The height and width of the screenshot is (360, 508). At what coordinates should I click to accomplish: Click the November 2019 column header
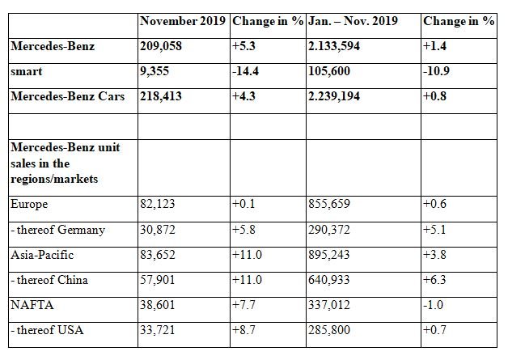183,21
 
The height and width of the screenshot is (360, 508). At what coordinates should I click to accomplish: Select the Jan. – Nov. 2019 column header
353,21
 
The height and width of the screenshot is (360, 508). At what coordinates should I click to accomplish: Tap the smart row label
26,71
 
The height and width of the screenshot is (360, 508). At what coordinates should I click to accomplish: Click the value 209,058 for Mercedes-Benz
161,46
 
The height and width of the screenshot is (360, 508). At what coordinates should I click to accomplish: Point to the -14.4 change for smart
245,71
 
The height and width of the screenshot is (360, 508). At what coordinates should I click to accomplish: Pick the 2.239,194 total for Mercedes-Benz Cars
334,96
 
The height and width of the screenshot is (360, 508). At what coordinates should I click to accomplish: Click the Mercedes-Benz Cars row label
68,96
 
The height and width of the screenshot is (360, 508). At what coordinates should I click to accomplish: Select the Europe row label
29,204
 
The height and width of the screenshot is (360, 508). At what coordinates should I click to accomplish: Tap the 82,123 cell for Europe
158,204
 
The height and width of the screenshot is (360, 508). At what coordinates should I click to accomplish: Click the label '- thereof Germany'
57,230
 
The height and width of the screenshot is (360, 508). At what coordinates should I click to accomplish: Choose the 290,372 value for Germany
329,230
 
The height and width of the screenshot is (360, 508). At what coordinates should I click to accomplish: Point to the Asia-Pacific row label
42,255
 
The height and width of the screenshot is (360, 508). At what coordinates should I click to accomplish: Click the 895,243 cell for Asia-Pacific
329,255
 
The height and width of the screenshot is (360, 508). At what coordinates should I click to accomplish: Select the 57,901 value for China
158,280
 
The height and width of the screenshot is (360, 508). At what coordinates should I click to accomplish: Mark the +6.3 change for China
434,280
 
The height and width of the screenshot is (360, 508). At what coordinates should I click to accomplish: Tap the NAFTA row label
32,305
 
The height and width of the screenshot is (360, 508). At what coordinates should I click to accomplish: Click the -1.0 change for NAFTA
433,305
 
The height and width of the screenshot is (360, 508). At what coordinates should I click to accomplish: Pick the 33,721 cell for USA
158,330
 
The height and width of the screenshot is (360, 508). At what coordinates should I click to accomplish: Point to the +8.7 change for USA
243,330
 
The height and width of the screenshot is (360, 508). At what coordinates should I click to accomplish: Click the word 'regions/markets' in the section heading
54,179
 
